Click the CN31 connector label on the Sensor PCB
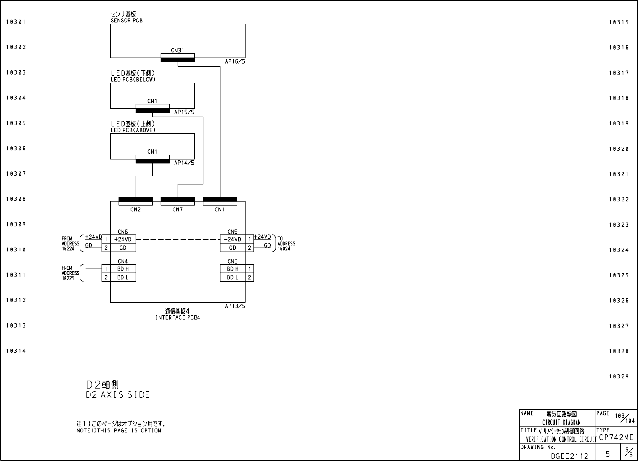point(177,51)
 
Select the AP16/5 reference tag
point(235,61)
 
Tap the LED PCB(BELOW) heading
point(133,80)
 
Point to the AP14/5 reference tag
point(184,163)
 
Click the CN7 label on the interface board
point(178,210)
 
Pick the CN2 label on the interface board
point(136,210)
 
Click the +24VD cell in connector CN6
point(123,240)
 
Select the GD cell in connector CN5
point(232,248)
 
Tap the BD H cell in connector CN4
point(123,269)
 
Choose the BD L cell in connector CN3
point(232,277)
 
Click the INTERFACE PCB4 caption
point(178,317)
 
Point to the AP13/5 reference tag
point(235,306)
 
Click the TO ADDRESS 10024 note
point(286,244)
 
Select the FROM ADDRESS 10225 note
point(70,273)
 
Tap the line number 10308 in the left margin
point(16,199)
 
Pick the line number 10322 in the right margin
point(619,200)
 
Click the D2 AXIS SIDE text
point(118,395)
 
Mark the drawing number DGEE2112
point(569,456)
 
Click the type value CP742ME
point(616,437)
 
